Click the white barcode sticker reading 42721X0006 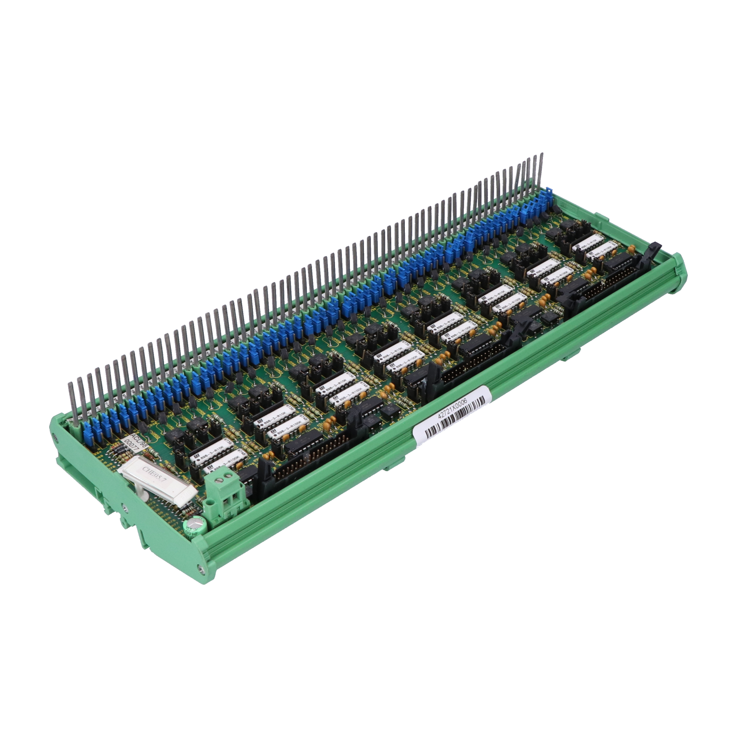452,416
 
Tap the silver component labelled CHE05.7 158,480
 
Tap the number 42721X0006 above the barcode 453,408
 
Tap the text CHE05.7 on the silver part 154,476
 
